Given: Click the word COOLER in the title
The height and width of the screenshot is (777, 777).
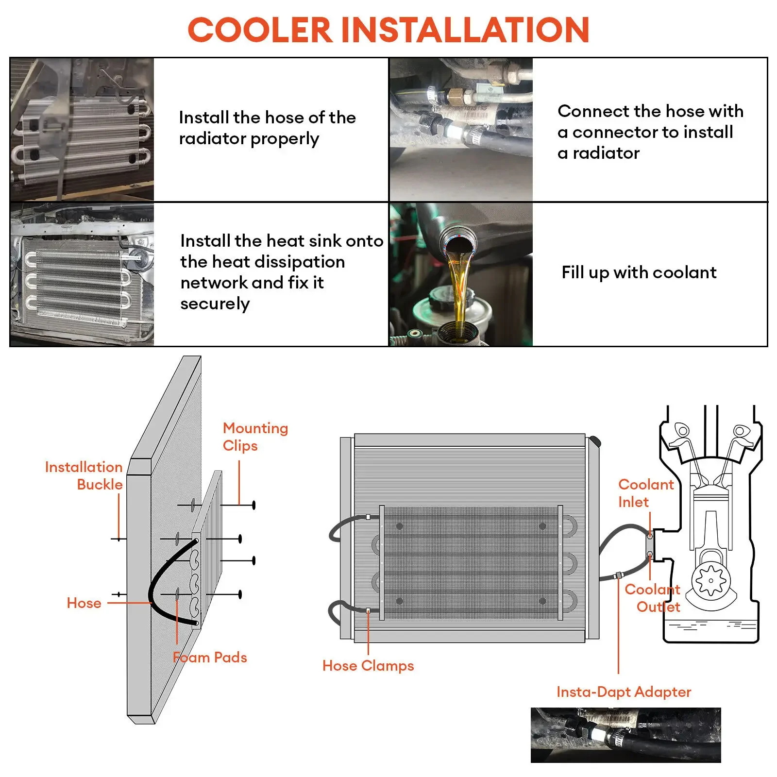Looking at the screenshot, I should (259, 30).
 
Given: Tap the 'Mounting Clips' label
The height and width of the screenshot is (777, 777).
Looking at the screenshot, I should (255, 437).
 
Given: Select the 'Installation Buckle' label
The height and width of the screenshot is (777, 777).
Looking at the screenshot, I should (84, 475).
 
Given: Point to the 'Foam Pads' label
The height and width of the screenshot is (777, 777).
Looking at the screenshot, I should (210, 658).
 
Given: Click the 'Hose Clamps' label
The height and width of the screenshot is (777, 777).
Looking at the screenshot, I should (368, 666).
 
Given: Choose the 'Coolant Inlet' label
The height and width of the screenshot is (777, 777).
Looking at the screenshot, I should (645, 493).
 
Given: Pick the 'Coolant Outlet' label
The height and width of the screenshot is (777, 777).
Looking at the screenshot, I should (652, 598).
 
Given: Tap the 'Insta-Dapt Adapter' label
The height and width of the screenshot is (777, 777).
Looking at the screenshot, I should (624, 692).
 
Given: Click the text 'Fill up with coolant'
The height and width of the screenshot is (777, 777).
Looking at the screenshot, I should (639, 273).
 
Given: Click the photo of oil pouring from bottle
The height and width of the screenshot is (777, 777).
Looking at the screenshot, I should (461, 274).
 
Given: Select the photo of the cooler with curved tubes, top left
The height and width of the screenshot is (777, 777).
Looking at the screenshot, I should (82, 129).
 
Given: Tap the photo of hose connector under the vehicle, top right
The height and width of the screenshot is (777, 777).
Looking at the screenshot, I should (461, 129).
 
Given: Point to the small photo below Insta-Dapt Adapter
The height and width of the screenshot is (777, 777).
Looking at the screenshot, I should (625, 735).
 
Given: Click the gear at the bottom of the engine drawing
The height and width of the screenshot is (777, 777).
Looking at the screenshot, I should (710, 580).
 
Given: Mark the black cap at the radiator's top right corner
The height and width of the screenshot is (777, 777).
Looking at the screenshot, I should (595, 442).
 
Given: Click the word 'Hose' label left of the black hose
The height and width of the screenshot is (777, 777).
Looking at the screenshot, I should (84, 603).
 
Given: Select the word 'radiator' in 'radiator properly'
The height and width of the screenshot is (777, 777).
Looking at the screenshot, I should (212, 139).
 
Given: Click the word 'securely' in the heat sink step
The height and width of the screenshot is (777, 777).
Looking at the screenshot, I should (215, 304).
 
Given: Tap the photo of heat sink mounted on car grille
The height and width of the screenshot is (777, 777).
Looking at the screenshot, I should (82, 274).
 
